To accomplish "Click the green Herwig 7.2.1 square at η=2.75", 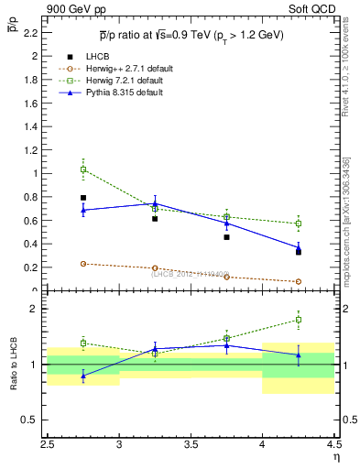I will pos(83,169).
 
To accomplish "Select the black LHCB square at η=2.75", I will pos(83,197).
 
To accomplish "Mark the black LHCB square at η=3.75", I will pos(226,237).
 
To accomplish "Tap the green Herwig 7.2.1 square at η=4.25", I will pos(298,224).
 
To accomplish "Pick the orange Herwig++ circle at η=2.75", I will pos(83,264).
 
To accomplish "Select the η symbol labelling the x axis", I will pos(335,455).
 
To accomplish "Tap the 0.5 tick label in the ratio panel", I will pos(31,420).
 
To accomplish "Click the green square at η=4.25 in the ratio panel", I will pos(298,320).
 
